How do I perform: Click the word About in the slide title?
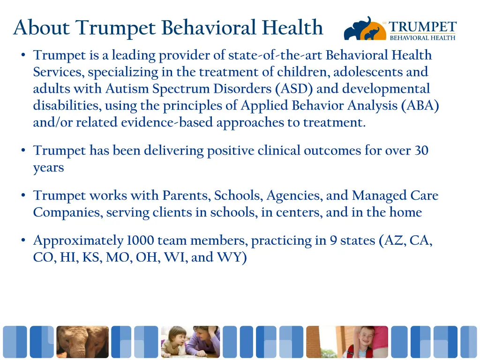click(x=42, y=28)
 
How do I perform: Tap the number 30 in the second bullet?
click(x=421, y=151)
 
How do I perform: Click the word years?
click(x=48, y=168)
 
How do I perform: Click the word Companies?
click(x=67, y=212)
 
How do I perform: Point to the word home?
click(x=405, y=212)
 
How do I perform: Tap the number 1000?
click(x=140, y=241)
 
